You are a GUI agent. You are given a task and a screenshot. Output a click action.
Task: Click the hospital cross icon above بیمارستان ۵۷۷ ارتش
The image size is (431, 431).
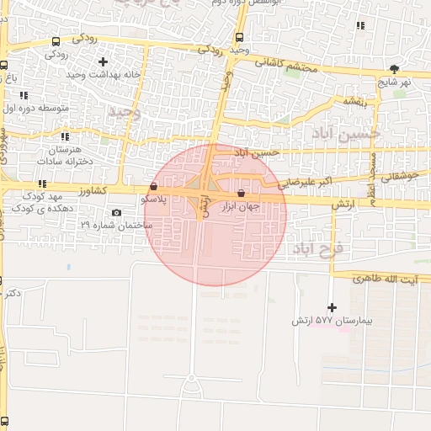coord(332,308)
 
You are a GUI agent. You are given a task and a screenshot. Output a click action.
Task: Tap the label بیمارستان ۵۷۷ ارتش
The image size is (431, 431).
coord(331,322)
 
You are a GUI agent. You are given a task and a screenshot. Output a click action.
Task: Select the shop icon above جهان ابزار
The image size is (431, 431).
coord(242,193)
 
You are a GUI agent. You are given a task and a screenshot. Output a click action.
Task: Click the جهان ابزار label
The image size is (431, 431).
coord(242,205)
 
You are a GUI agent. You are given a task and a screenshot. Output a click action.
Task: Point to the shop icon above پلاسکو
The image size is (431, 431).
coord(152,186)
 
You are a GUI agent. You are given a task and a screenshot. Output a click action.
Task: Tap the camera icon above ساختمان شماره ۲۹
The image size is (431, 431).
coord(116,212)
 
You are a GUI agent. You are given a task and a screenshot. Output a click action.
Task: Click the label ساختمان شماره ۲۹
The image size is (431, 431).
coord(116,225)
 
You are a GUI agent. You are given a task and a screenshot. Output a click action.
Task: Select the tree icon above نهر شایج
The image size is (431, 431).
coord(394,69)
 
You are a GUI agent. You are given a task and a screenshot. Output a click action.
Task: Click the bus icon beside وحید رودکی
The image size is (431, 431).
coord(240,37)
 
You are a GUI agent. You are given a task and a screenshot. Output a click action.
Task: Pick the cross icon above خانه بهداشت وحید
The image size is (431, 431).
coord(103,61)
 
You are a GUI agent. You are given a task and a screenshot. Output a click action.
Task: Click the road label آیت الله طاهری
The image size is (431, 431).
coord(369,278)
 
